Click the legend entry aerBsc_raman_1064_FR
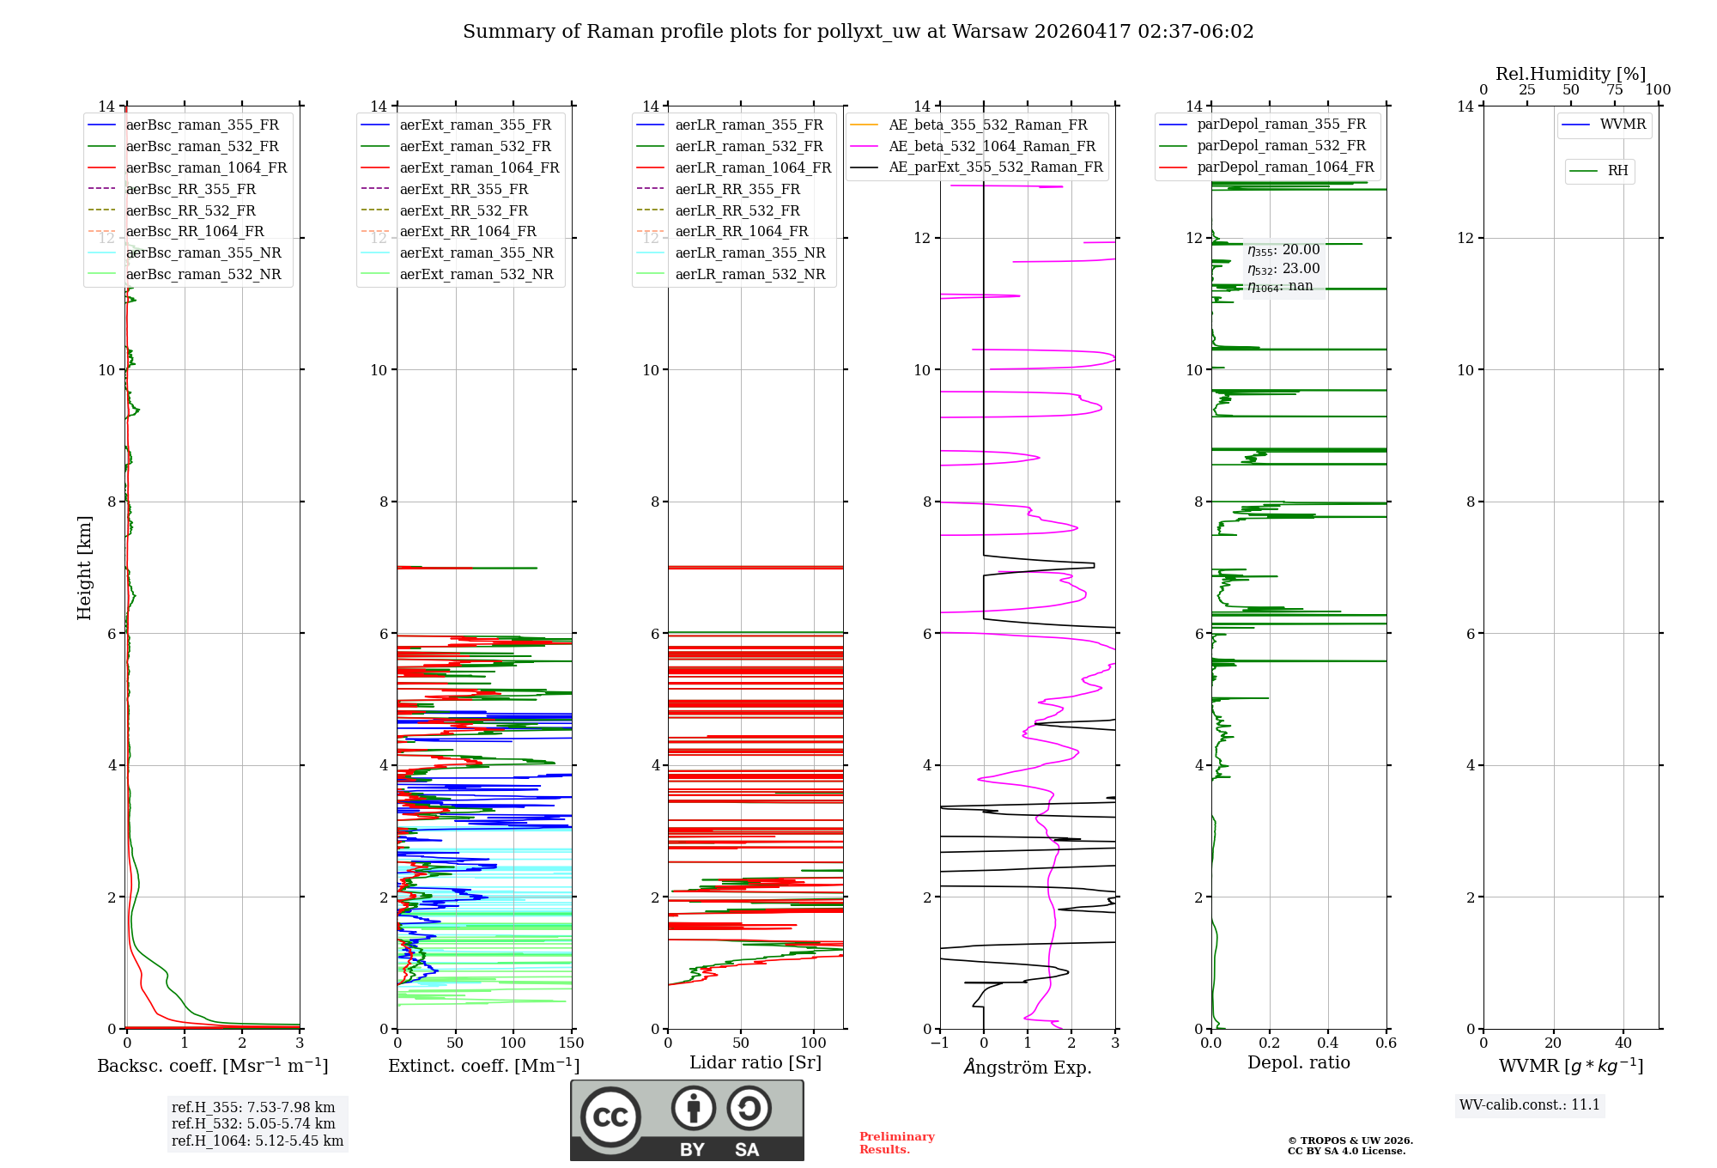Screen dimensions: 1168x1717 point(206,168)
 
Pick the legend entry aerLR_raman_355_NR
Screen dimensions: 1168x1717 point(749,253)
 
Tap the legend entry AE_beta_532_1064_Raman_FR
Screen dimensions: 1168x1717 point(992,147)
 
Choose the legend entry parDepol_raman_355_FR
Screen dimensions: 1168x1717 point(1281,125)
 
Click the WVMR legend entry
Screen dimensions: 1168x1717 point(1623,125)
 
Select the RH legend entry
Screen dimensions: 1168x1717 point(1617,171)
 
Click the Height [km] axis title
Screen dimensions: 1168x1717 point(84,568)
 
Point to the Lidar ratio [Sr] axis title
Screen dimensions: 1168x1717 point(755,1063)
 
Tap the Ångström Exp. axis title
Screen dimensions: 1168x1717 point(1028,1068)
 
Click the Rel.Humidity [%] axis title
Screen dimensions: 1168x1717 point(1570,74)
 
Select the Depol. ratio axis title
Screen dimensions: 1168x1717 point(1299,1063)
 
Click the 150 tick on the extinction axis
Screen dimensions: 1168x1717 point(571,1043)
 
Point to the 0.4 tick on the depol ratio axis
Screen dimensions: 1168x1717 point(1328,1043)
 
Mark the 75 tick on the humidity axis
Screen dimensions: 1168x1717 point(1615,90)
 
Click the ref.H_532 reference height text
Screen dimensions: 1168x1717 point(253,1124)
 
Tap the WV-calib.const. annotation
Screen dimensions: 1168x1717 point(1530,1105)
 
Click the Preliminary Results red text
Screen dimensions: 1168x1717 point(896,1143)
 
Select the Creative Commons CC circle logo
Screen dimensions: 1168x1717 point(610,1117)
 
